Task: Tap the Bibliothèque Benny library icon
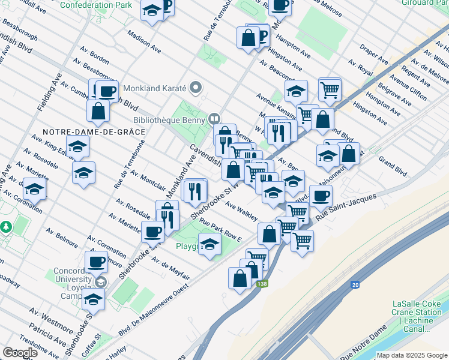point(214,118)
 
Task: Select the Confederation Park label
point(95,5)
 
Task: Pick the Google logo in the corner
point(20,352)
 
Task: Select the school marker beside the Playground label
point(209,245)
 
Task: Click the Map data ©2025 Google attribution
point(412,355)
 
